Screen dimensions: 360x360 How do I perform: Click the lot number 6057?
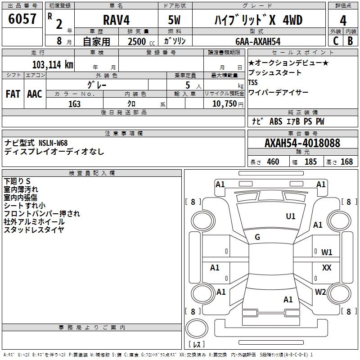pos(22,20)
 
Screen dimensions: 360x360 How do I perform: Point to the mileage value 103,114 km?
pos(53,64)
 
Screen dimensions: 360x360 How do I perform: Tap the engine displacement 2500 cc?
pos(139,41)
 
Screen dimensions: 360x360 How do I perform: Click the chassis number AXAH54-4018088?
pos(302,144)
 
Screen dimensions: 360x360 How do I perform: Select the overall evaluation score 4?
pos(343,21)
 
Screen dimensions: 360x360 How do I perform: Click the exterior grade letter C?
pos(335,41)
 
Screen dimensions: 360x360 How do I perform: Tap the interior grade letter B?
pos(351,41)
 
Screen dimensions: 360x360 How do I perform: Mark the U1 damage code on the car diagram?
pos(291,216)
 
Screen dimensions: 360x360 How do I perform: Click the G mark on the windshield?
pos(257,237)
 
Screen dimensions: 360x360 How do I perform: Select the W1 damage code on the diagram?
pos(327,252)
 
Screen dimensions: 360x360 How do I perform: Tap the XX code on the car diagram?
pos(327,268)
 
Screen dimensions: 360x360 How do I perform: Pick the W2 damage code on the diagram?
pos(320,292)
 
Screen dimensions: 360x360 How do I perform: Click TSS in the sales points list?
pos(253,82)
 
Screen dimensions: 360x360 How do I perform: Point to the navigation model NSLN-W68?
pos(53,143)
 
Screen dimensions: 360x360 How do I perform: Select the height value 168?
pos(346,162)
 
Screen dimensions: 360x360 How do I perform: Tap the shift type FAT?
pos(13,94)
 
